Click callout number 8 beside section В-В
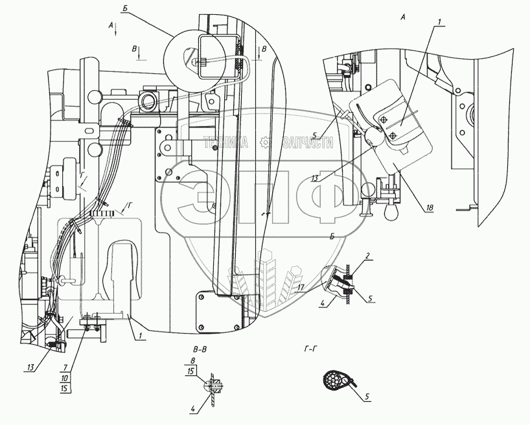click(192, 360)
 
